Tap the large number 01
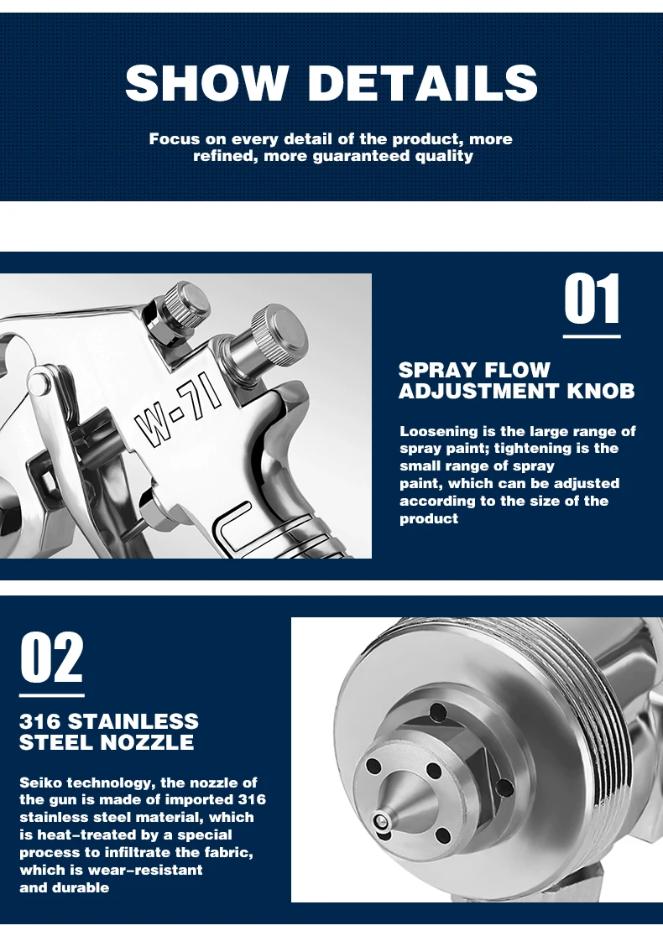point(592,299)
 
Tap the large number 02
point(52,658)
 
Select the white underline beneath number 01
point(592,336)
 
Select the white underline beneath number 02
point(52,695)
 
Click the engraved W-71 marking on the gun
point(178,414)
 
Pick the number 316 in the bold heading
point(40,721)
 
